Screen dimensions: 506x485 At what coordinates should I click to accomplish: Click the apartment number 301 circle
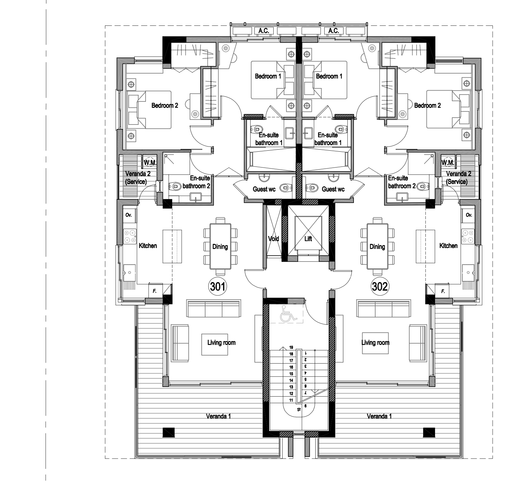tap(218, 287)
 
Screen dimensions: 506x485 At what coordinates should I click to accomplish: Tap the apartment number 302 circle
tap(380, 287)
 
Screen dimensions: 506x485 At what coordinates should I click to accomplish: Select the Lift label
tap(308, 238)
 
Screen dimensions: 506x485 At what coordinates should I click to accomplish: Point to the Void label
tap(274, 238)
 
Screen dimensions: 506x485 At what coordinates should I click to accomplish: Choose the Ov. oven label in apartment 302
tap(469, 215)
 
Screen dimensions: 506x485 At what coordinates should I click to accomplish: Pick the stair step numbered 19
tap(291, 347)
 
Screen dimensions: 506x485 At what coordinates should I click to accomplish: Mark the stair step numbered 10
tap(299, 409)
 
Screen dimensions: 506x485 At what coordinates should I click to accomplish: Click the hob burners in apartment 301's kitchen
tap(130, 236)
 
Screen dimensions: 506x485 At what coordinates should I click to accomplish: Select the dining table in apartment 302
tap(377, 246)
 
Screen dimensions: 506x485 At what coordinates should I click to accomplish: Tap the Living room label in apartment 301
tap(221, 343)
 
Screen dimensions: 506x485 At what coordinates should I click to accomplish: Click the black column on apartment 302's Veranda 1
tap(429, 432)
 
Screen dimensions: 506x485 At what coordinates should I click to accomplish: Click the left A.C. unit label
tap(264, 31)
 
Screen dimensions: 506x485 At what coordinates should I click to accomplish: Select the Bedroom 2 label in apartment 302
tap(428, 106)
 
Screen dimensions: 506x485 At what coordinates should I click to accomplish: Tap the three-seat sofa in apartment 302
tap(384, 308)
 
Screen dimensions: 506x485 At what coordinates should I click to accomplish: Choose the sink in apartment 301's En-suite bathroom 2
tap(196, 197)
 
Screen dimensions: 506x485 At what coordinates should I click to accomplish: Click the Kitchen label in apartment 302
tap(448, 246)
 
